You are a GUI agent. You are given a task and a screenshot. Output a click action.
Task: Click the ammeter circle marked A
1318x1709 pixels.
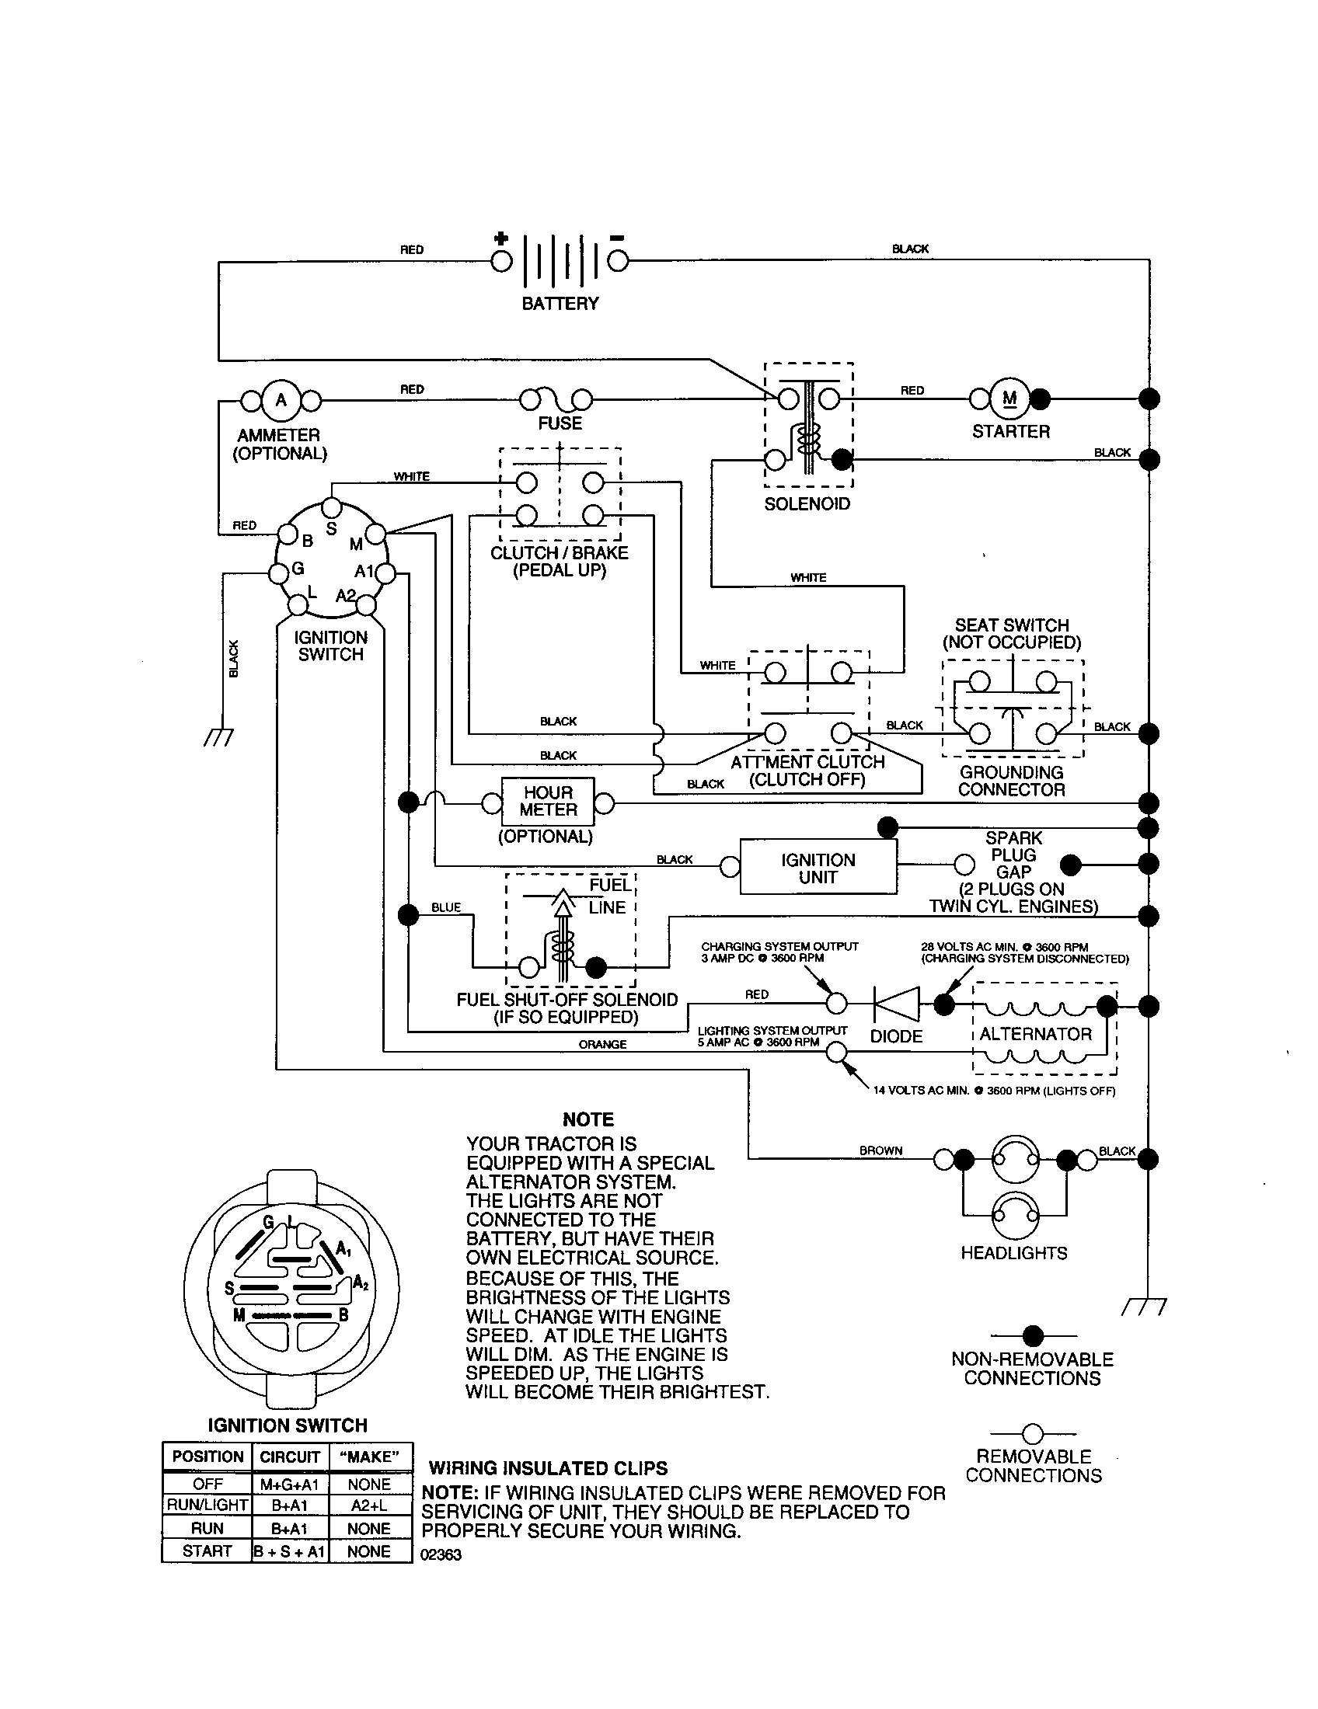(281, 401)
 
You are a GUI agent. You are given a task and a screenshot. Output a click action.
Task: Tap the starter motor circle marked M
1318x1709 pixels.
(1009, 399)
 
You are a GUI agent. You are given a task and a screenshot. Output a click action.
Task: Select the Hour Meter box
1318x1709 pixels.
(548, 802)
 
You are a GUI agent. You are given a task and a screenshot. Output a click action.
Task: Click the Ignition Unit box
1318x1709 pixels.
(818, 867)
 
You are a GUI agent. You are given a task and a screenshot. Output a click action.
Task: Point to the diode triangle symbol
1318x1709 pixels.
(897, 1003)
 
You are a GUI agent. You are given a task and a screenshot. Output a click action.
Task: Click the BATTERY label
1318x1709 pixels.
(560, 304)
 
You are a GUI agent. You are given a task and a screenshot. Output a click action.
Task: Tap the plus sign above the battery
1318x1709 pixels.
(501, 238)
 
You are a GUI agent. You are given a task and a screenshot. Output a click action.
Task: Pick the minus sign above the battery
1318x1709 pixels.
(617, 238)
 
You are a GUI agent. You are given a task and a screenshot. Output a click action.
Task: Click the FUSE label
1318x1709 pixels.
(560, 423)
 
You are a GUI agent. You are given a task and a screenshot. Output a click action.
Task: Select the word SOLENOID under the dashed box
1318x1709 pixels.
(807, 504)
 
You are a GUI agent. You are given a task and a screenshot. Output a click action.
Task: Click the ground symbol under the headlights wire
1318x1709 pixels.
(1143, 1306)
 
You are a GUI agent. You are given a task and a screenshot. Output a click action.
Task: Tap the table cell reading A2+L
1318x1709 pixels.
(369, 1505)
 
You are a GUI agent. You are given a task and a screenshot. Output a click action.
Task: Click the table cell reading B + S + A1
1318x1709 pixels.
(290, 1551)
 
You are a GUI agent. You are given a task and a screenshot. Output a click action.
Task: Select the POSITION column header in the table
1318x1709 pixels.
(207, 1457)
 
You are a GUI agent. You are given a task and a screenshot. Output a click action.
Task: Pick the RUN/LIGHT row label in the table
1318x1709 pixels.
(207, 1505)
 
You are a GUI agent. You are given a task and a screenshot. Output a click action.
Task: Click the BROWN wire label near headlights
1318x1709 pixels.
(880, 1150)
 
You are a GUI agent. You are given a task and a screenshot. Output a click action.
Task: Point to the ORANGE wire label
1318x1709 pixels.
(601, 1044)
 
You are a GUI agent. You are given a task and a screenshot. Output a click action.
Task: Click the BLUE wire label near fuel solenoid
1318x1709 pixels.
(446, 907)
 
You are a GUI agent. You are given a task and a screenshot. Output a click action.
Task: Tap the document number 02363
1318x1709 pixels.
(441, 1555)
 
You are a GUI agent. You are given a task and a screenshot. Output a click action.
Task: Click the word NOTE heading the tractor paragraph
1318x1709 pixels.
(588, 1119)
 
